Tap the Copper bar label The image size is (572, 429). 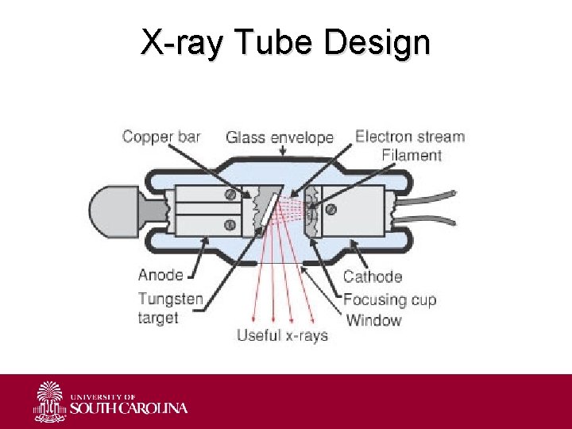point(160,137)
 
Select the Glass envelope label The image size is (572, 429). point(280,137)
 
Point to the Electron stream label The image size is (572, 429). point(409,137)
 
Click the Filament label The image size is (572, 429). point(411,155)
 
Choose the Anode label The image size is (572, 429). point(160,276)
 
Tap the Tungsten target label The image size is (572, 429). point(170,308)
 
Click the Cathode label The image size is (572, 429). point(372,277)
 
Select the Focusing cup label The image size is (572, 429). point(389,300)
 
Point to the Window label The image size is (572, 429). point(373,320)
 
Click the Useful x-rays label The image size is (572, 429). point(282,335)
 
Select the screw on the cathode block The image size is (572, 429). point(330,211)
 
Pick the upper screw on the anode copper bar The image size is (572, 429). point(231,195)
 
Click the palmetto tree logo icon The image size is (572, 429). point(51,401)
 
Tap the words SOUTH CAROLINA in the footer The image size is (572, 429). point(129,408)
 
